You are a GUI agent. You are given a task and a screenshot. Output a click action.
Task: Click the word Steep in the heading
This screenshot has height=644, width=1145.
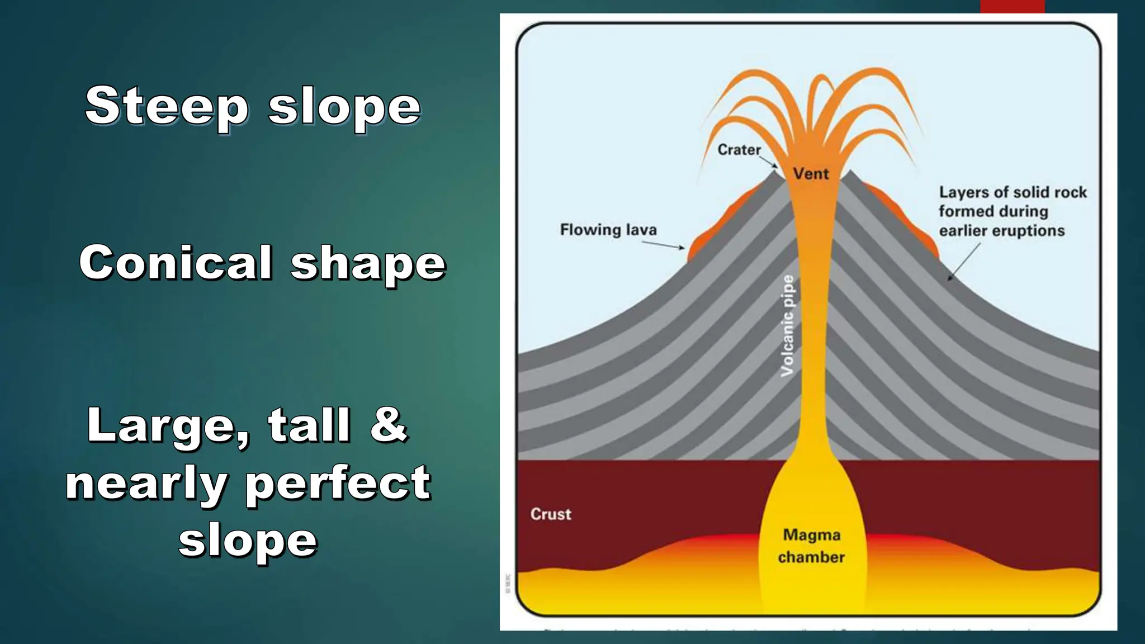point(167,106)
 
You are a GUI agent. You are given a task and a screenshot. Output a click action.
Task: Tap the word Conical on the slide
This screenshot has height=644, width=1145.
point(176,262)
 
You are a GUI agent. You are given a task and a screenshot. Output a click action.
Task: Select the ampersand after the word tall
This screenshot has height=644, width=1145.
point(388,424)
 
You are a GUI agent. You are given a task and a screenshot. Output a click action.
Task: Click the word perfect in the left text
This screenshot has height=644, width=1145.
point(338,483)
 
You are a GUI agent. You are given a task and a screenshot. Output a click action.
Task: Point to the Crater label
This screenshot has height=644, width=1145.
point(739,150)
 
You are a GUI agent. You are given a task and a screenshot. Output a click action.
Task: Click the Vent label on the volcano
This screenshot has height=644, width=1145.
point(811,174)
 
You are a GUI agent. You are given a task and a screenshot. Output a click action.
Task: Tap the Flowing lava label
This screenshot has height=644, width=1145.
point(608,230)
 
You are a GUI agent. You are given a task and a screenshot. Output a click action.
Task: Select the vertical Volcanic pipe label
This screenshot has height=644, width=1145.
point(787,325)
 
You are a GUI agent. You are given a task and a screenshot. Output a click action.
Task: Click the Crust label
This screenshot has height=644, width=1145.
point(551,514)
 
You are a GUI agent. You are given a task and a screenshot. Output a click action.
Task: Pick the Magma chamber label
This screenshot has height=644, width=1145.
point(811,546)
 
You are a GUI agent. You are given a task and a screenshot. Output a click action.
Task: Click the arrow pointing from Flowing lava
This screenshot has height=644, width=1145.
point(663,245)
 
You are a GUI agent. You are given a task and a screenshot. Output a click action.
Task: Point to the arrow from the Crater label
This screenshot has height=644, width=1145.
point(769,162)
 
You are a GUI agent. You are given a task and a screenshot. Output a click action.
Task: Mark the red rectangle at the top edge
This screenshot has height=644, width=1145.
point(1012,6)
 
